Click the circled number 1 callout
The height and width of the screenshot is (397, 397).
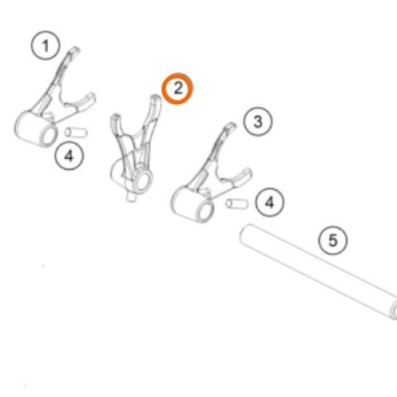(45, 45)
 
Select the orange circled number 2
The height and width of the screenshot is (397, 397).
(178, 88)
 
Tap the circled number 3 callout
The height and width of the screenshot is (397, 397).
(257, 121)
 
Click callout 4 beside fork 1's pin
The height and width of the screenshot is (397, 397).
(69, 156)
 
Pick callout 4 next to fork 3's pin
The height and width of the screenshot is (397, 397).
(269, 202)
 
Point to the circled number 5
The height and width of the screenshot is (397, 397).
(333, 241)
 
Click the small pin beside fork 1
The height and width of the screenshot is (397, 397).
(76, 132)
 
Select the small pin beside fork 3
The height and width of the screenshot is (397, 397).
(237, 204)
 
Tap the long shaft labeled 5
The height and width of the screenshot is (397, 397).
(318, 272)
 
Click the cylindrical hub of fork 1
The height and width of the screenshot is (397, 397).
(36, 129)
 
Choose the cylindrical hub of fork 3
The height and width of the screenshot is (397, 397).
(192, 204)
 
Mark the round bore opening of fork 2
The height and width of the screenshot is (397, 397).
(143, 181)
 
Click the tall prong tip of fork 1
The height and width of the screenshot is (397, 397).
(75, 50)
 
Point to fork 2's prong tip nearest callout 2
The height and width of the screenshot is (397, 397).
(156, 97)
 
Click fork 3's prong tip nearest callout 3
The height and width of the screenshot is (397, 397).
(231, 125)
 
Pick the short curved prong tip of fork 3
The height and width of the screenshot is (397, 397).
(248, 172)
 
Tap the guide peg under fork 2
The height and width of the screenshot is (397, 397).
(131, 197)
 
